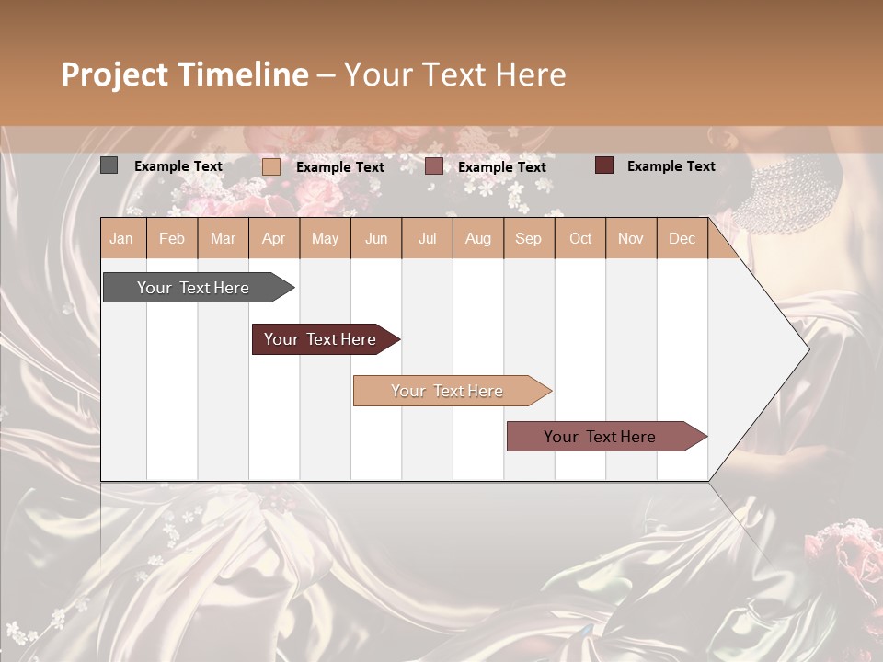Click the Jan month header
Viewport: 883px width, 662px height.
[x=121, y=238]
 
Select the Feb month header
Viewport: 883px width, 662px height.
[x=172, y=238]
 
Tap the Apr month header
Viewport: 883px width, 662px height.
[x=274, y=238]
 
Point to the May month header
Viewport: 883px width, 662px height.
[x=325, y=238]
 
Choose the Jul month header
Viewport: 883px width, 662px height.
[x=427, y=238]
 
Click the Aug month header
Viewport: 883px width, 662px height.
[x=477, y=238]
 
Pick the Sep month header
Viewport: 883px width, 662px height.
[x=528, y=238]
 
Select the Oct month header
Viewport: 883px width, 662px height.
[x=580, y=238]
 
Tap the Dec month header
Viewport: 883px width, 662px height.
[x=682, y=238]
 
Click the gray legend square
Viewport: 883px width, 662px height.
[x=109, y=165]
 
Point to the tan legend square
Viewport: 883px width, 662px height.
[x=270, y=166]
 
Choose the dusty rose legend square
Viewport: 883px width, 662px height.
[x=434, y=166]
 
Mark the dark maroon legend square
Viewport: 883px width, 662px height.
[x=603, y=165]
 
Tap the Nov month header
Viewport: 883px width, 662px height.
[x=631, y=238]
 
